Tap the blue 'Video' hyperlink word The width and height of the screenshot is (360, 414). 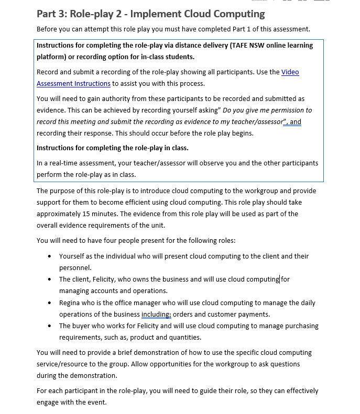point(290,72)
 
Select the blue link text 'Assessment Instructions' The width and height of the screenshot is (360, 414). point(73,83)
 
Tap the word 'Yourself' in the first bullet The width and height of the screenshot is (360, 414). point(73,256)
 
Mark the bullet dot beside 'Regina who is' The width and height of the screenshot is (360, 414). point(49,303)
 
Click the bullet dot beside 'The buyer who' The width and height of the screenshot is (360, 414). point(49,326)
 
